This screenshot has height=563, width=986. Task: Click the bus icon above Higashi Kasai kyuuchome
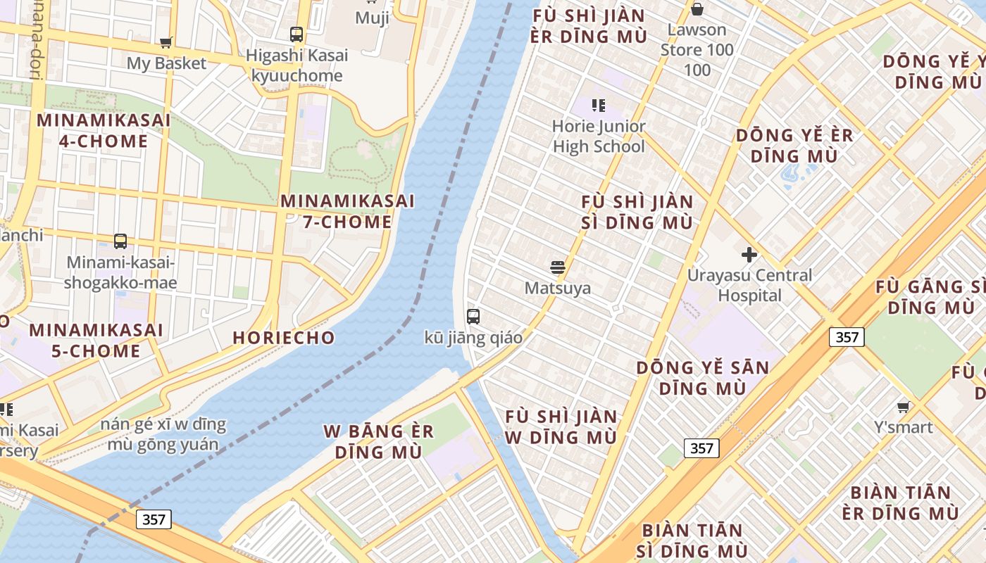pyautogui.click(x=297, y=34)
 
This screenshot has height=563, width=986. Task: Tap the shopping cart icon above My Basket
pyautogui.click(x=166, y=42)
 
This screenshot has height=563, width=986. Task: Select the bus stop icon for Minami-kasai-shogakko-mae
pyautogui.click(x=120, y=241)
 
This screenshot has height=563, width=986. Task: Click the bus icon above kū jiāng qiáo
pyautogui.click(x=473, y=316)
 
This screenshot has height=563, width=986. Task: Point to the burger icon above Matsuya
pyautogui.click(x=558, y=267)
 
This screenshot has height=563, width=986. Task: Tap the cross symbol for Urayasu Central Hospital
pyautogui.click(x=749, y=254)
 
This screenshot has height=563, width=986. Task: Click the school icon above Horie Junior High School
pyautogui.click(x=599, y=106)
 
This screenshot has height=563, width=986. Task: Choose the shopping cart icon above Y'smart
pyautogui.click(x=904, y=407)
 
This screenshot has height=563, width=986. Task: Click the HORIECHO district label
pyautogui.click(x=284, y=338)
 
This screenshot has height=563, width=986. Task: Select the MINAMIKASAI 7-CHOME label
pyautogui.click(x=347, y=211)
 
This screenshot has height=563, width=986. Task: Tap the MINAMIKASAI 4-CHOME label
pyautogui.click(x=104, y=130)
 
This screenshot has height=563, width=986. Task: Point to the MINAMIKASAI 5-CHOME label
pyautogui.click(x=96, y=340)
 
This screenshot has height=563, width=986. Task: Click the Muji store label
pyautogui.click(x=372, y=18)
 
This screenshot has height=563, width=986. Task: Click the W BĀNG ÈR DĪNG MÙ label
pyautogui.click(x=374, y=441)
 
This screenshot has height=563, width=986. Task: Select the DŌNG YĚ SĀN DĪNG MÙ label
pyautogui.click(x=702, y=378)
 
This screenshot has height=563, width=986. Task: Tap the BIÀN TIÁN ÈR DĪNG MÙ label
pyautogui.click(x=904, y=502)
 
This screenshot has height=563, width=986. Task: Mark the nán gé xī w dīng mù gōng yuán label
pyautogui.click(x=163, y=434)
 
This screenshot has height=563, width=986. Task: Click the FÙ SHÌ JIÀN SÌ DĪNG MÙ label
pyautogui.click(x=637, y=212)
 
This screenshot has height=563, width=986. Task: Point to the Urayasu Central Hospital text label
pyautogui.click(x=750, y=285)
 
